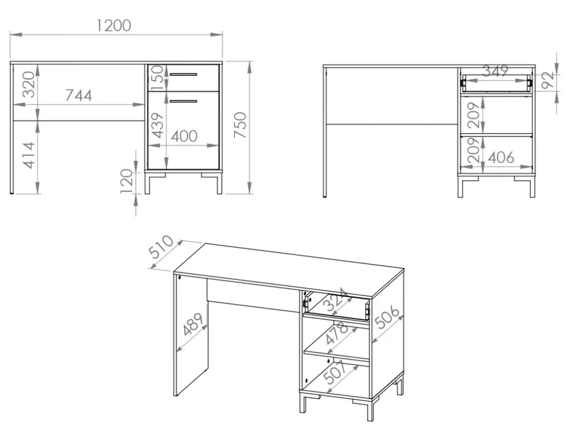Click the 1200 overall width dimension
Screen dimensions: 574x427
coord(114,26)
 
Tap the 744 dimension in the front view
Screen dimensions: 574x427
coord(79,95)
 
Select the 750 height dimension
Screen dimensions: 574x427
coord(240,125)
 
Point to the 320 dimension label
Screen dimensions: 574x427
coord(29,84)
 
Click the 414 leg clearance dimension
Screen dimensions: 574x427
coord(29,156)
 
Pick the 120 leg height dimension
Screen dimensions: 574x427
coord(127,181)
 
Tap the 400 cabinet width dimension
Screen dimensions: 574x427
coord(184,136)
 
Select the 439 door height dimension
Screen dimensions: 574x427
coord(157,126)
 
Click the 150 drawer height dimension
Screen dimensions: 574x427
coord(157,77)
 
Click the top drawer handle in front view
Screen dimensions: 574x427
coord(184,75)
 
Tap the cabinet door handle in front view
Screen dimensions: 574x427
coord(184,101)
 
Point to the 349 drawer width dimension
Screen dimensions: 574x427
coord(495,70)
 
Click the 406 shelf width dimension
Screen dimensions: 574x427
coord(501,158)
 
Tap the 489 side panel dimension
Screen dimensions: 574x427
coord(193,324)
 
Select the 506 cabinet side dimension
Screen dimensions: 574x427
coord(388,317)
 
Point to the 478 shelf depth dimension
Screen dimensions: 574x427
coord(337,333)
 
